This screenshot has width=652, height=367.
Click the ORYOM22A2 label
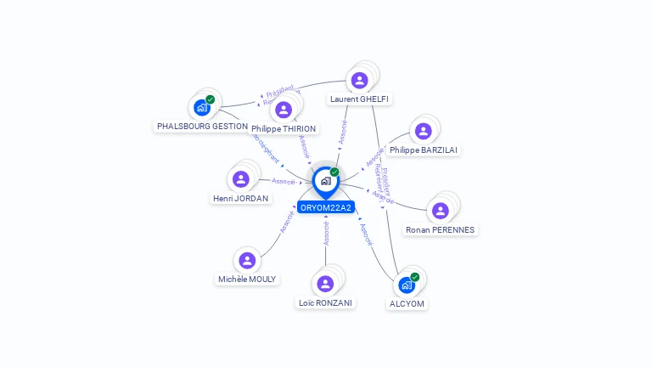[x=325, y=207]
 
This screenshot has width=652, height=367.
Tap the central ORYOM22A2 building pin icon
[x=325, y=181]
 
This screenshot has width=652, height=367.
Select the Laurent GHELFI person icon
[x=359, y=81]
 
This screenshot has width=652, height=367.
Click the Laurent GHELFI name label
[x=359, y=99]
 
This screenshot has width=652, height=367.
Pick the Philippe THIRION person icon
[x=284, y=110]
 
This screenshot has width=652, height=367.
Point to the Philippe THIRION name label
[x=284, y=129]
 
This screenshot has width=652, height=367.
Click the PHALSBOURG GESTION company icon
[x=201, y=107]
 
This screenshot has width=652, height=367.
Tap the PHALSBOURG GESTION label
[x=202, y=126]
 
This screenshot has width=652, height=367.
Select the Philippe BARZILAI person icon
[x=423, y=131]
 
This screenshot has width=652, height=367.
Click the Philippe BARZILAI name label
[x=424, y=150]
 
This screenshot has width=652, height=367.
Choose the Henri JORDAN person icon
[x=240, y=179]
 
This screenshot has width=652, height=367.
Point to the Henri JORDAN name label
[x=240, y=199]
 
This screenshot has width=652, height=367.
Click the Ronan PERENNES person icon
[x=440, y=211]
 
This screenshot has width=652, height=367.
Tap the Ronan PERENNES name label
[x=441, y=230]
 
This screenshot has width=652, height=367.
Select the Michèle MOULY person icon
[x=247, y=260]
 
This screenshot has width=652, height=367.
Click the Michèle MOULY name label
[x=247, y=279]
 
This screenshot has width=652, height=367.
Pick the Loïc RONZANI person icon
[x=324, y=284]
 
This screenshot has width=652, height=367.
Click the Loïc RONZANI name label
[x=326, y=302]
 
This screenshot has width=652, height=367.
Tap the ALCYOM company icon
[x=407, y=285]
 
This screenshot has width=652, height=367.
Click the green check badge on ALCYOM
[x=415, y=277]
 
